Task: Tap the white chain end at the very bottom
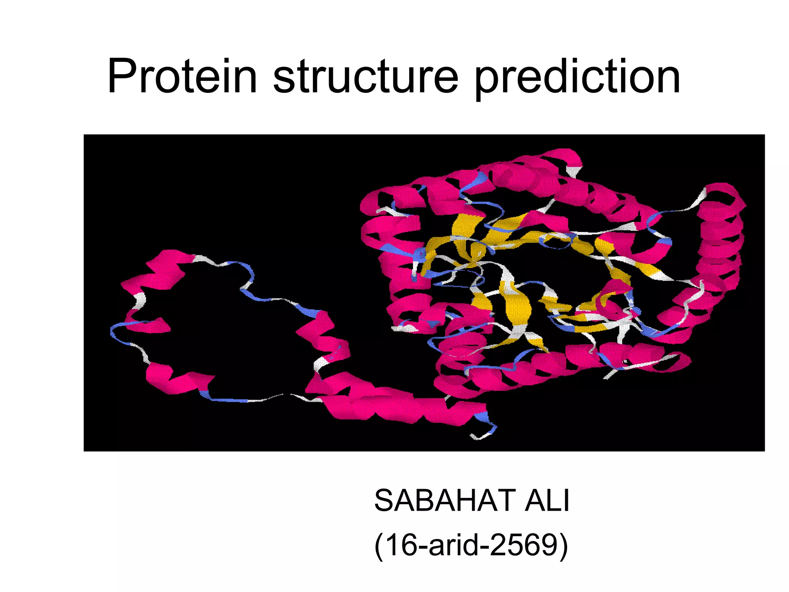click(478, 437)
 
